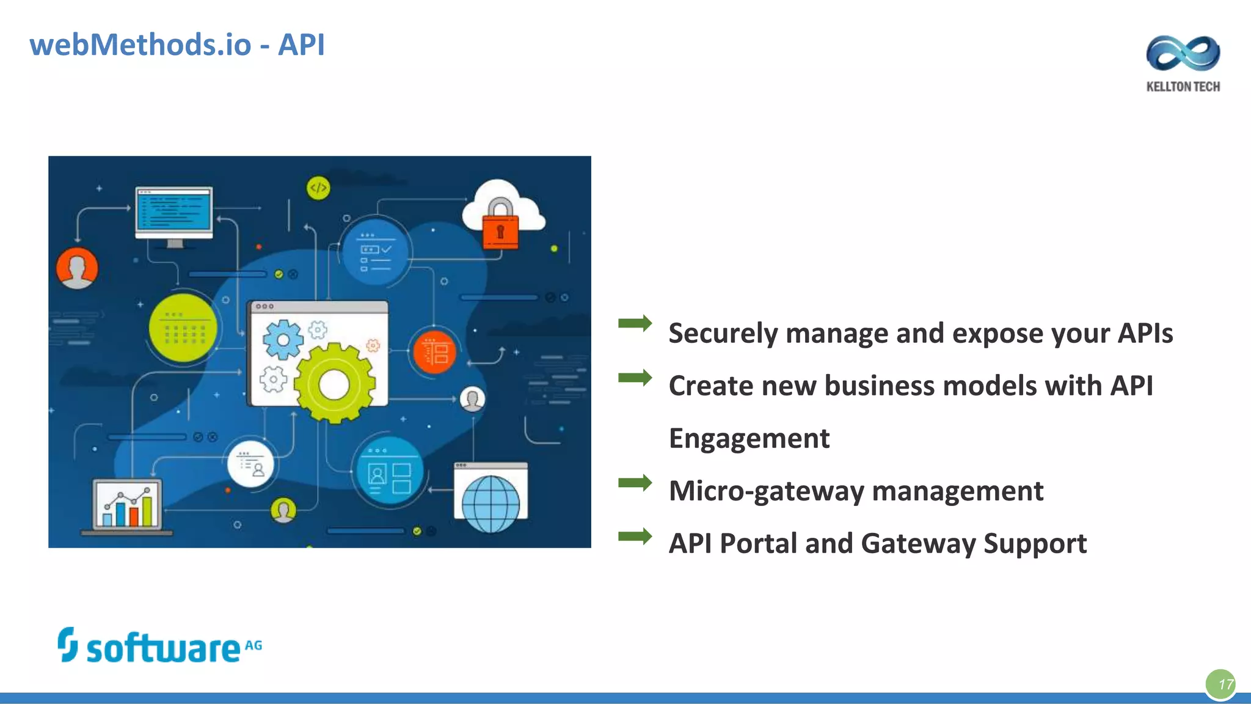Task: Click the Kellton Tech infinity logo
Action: [1183, 53]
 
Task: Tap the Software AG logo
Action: [160, 647]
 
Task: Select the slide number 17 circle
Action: [1221, 684]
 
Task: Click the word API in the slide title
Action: [301, 45]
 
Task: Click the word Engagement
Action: [749, 438]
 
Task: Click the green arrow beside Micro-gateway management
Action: [635, 483]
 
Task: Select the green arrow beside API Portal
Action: [635, 536]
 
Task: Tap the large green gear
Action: [334, 384]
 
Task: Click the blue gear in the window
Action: [283, 339]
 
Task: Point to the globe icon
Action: [491, 504]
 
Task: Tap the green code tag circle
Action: [318, 188]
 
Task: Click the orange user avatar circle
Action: [77, 268]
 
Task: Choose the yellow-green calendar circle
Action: [183, 328]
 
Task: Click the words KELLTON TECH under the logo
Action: [1183, 87]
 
